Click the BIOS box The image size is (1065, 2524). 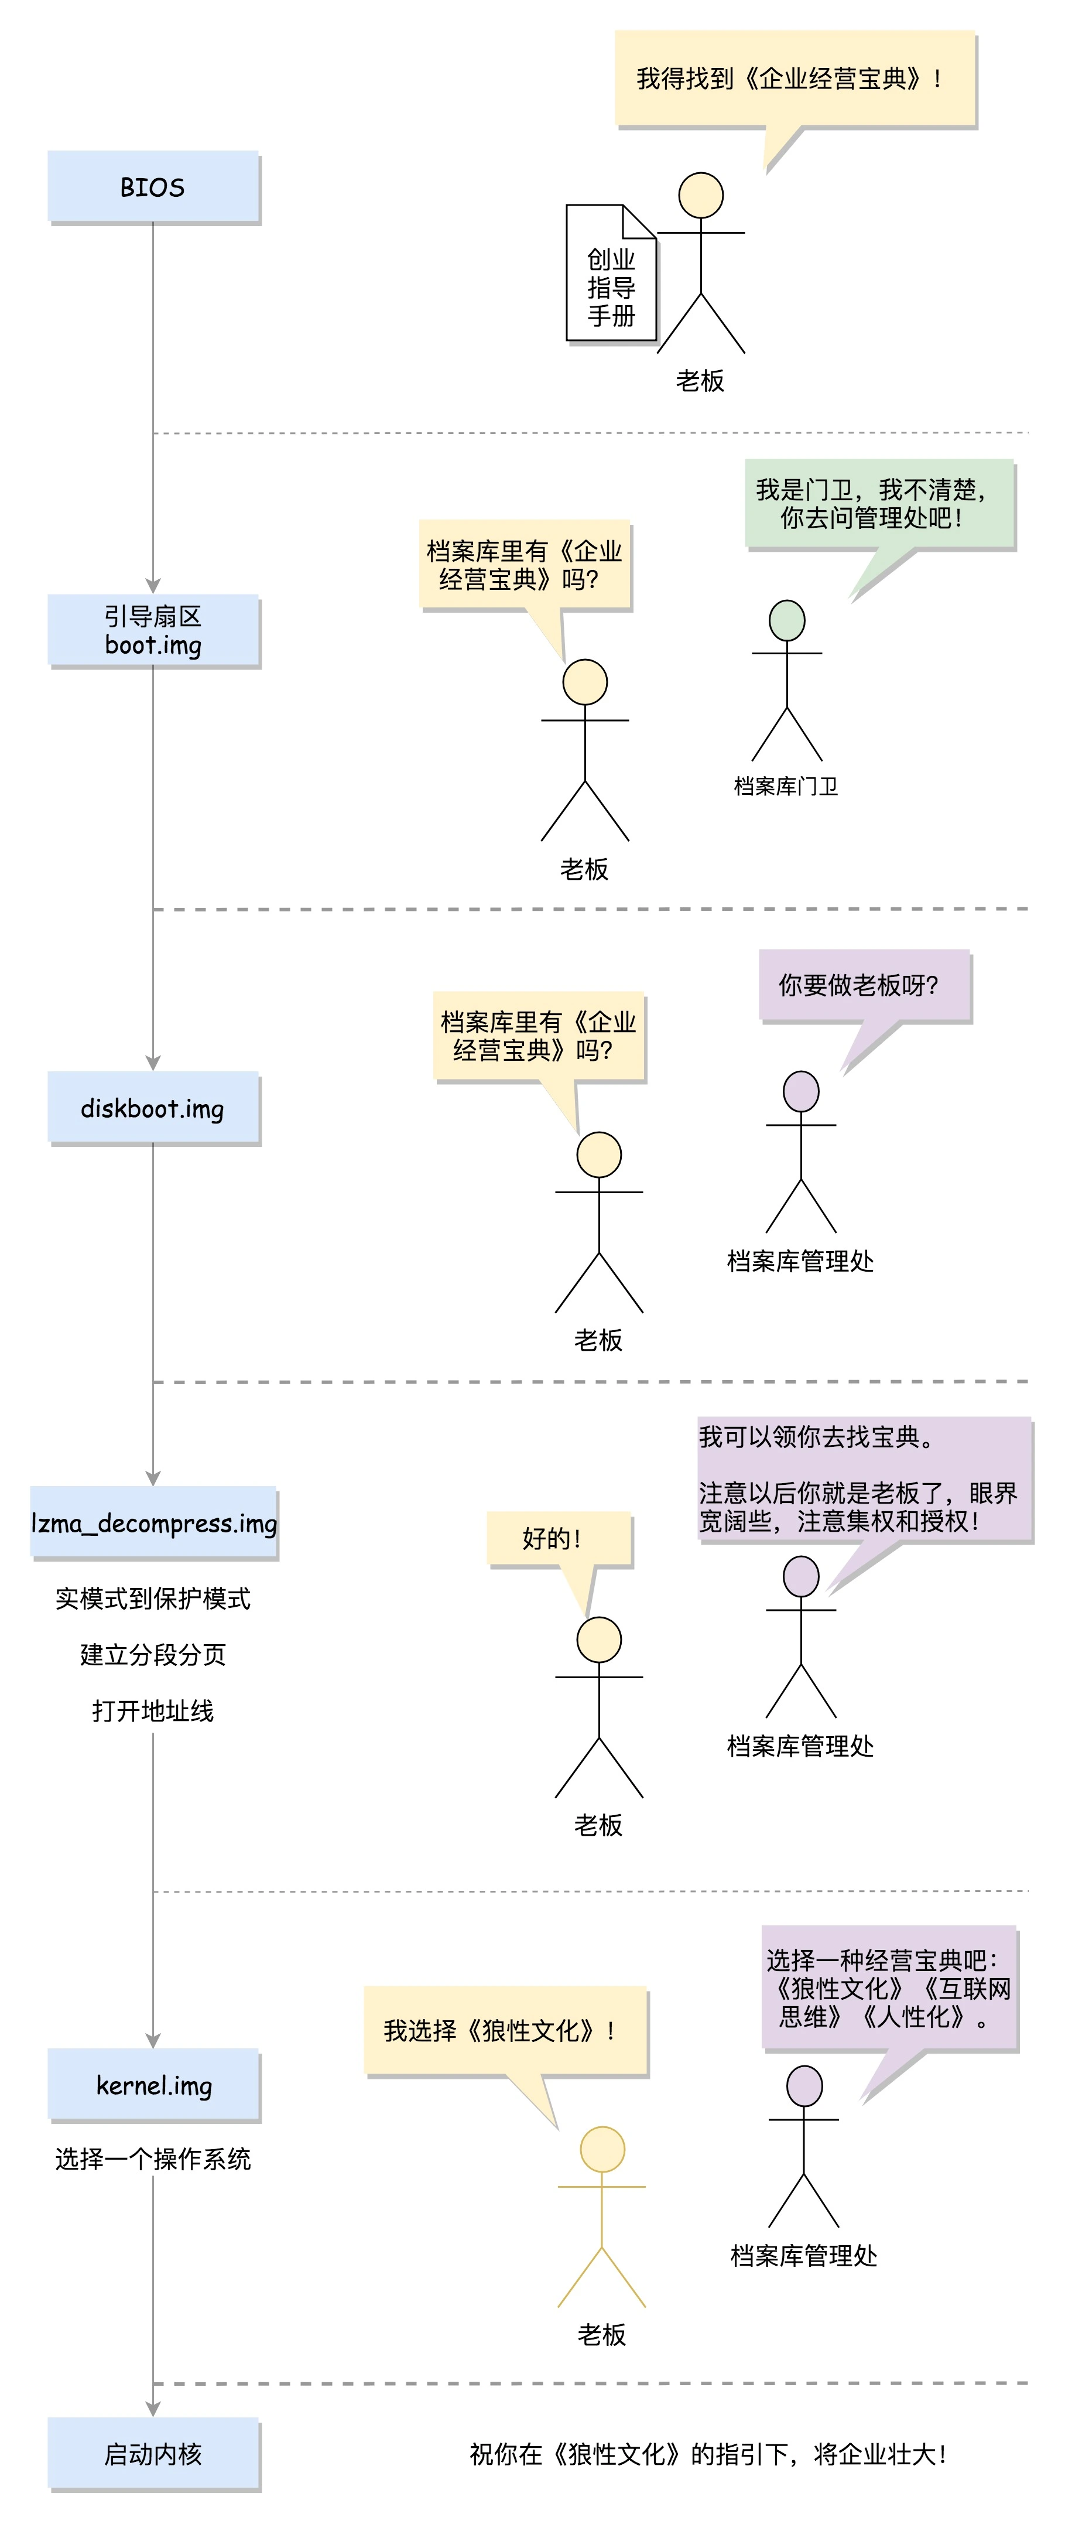(153, 186)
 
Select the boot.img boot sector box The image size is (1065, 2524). (153, 630)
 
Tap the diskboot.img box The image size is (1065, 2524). (153, 1107)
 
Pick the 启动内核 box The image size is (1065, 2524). (153, 2453)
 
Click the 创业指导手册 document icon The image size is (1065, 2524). (611, 274)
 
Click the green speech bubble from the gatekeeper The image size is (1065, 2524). (879, 504)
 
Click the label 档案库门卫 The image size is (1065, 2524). (786, 786)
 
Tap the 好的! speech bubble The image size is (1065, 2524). (559, 1538)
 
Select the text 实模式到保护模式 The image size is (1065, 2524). (153, 1598)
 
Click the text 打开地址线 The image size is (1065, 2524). (153, 1710)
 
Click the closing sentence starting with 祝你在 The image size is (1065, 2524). (707, 2454)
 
